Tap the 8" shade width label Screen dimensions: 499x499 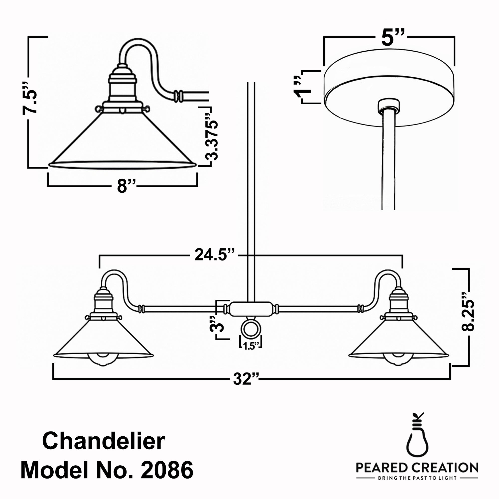pos(126,186)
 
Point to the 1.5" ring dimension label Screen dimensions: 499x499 pos(251,347)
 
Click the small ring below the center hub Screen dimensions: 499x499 pos(250,330)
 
